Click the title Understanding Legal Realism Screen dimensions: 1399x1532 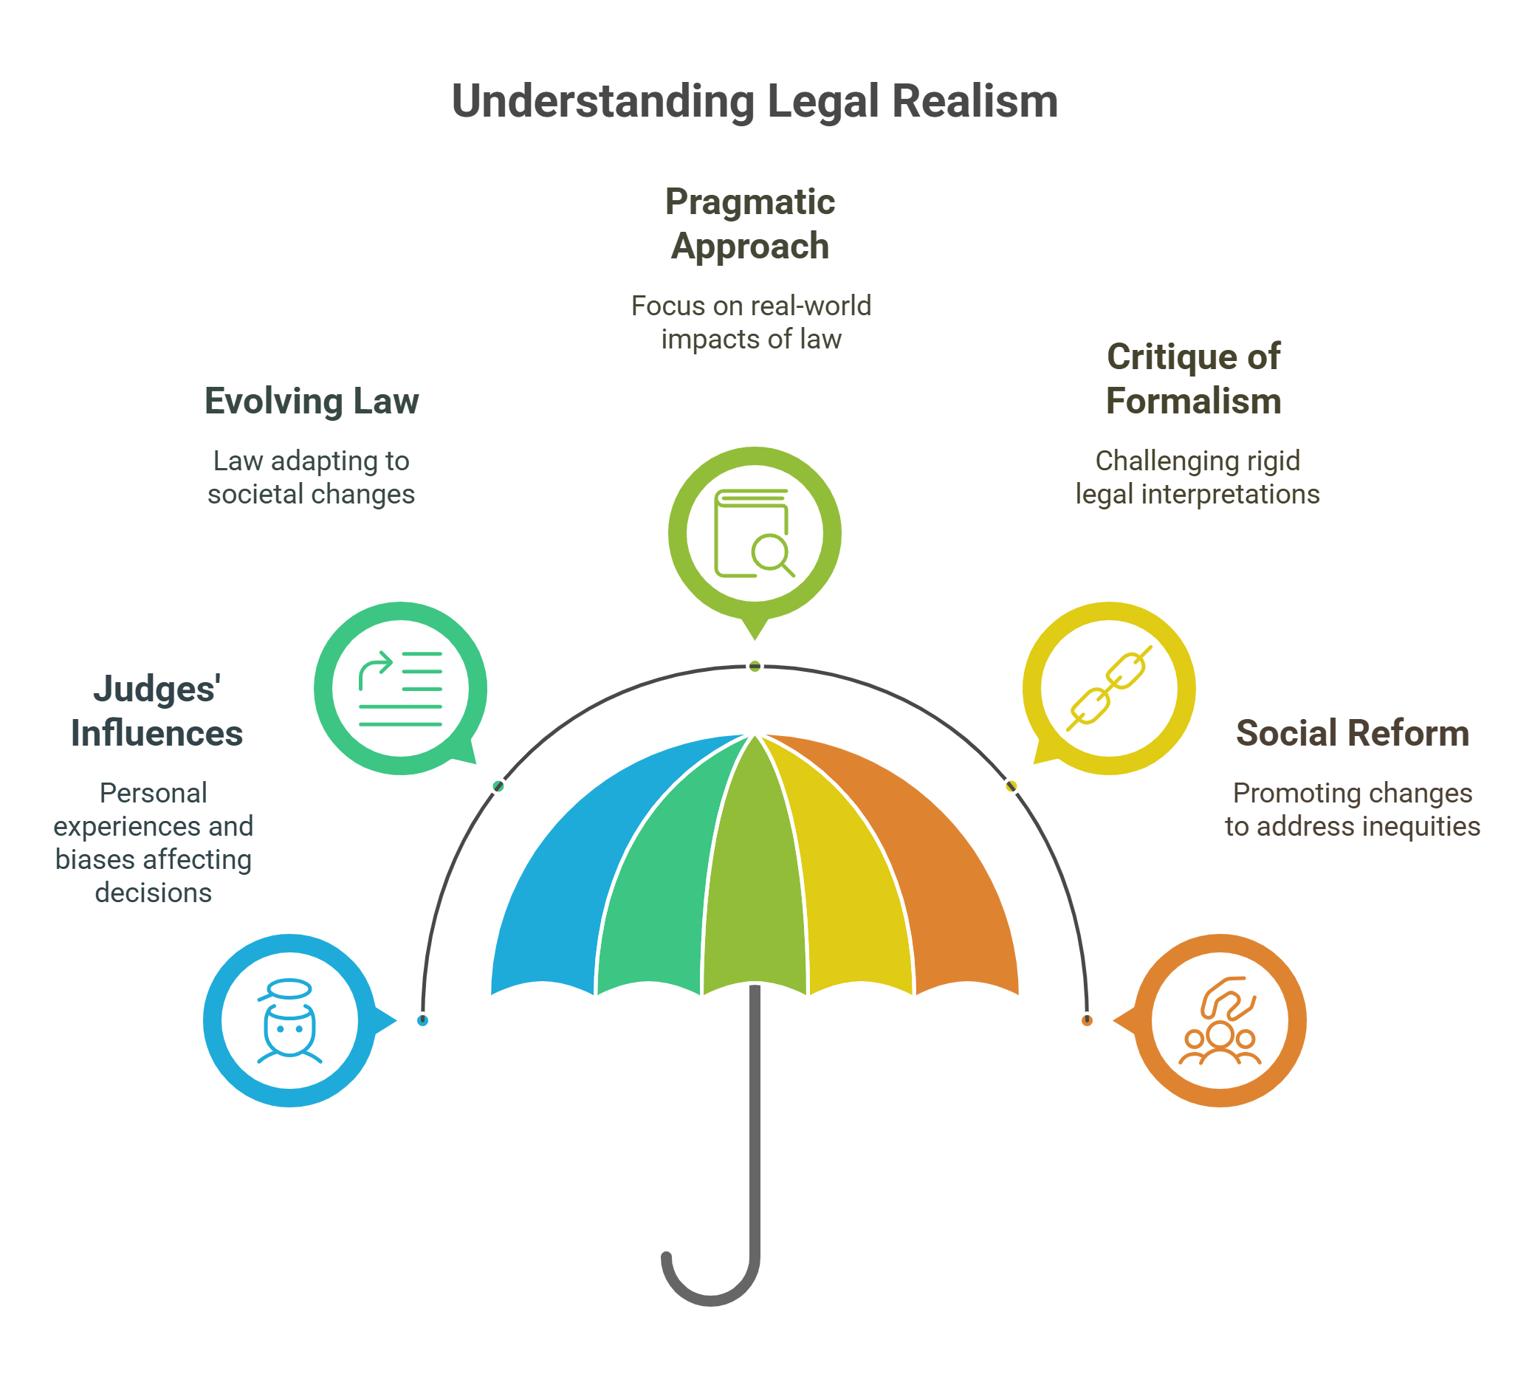tap(754, 101)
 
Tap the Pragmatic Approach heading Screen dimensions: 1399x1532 tap(749, 224)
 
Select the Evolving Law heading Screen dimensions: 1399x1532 tap(312, 400)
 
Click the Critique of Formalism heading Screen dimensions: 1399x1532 tap(1193, 379)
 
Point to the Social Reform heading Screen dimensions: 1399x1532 tap(1352, 732)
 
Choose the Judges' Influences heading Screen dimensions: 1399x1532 tap(157, 710)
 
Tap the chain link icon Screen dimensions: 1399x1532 tap(1109, 689)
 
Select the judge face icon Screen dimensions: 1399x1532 tap(289, 1020)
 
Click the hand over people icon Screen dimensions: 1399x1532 tap(1220, 1020)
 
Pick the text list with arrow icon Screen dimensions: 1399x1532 tap(400, 689)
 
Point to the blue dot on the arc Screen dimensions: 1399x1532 tap(422, 1020)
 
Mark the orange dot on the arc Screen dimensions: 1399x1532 tap(1087, 1020)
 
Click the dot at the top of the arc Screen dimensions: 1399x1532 tap(755, 667)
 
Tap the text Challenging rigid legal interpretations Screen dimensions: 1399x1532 tap(1197, 477)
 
